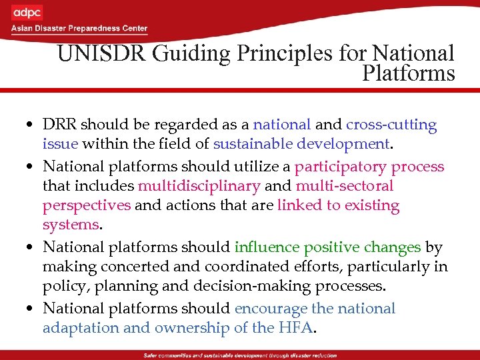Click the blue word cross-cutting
(x=391, y=125)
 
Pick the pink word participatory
(x=340, y=166)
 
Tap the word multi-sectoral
(x=345, y=186)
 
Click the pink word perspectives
(x=87, y=206)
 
